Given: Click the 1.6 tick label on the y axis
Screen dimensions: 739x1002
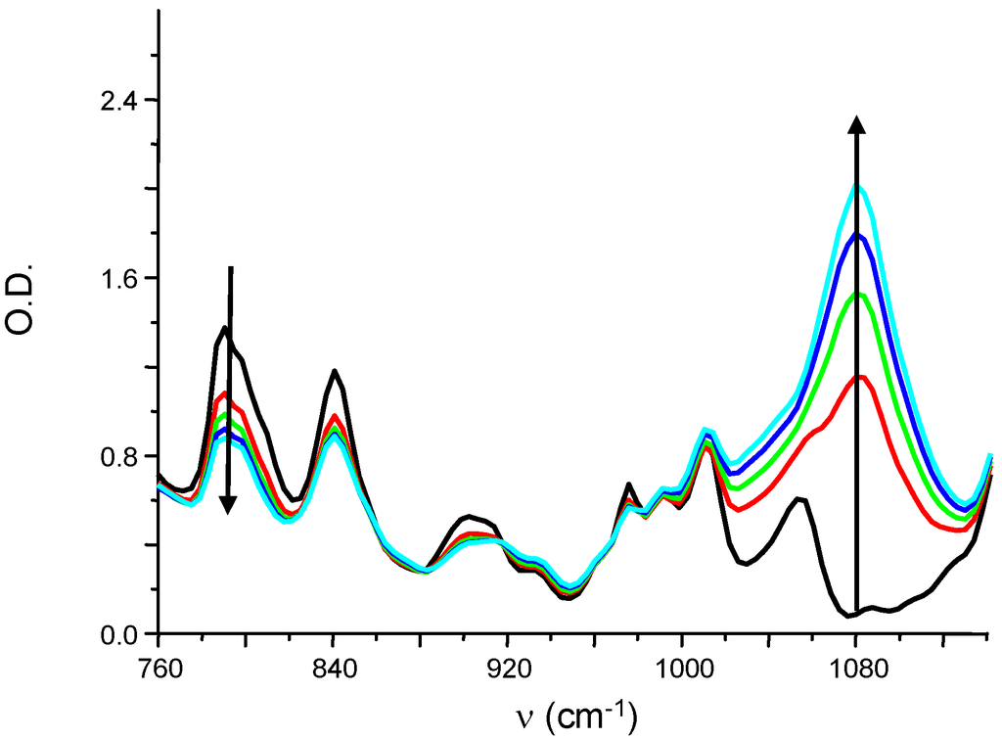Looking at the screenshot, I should coord(114,278).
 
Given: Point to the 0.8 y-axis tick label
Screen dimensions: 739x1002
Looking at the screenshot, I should coord(114,456).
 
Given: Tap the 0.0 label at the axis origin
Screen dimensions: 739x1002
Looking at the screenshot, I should coord(114,634).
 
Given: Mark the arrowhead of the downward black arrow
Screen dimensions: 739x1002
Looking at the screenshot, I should coord(227,504).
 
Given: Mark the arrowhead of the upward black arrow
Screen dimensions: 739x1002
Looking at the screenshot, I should coord(856,124).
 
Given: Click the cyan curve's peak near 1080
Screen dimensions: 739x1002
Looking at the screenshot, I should coord(858,186).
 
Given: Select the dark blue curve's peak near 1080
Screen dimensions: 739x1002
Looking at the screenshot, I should coord(858,235).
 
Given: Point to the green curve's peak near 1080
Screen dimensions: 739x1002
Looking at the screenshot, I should coord(858,295).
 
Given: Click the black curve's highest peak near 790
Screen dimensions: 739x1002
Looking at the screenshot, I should coord(225,327).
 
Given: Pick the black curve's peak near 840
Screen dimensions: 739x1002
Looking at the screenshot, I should coord(336,370).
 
